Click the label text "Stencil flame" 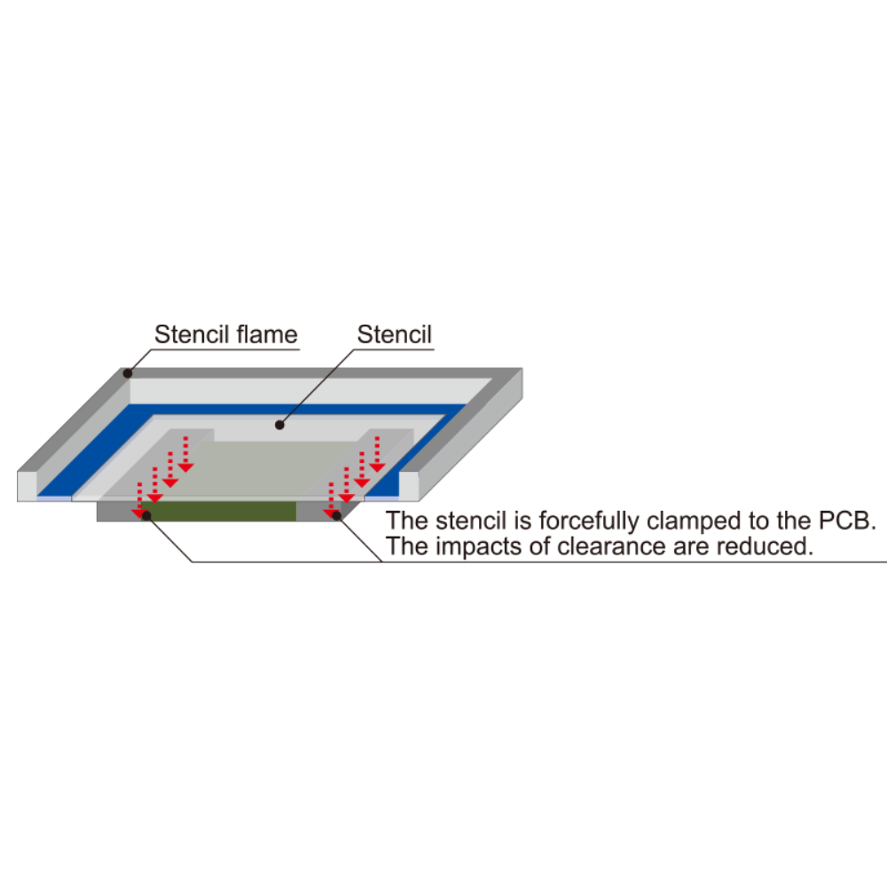tap(225, 334)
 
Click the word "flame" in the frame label tap(267, 334)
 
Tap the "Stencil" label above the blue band tap(395, 334)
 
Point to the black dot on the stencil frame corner tap(128, 373)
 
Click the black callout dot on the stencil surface tap(279, 425)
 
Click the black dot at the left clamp tap(146, 516)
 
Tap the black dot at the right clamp tap(336, 515)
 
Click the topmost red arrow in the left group tap(186, 454)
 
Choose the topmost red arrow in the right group tap(377, 454)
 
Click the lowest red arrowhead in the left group tap(138, 513)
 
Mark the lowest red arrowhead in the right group tap(330, 513)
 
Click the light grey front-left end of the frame tap(27, 486)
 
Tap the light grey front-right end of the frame tap(409, 486)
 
